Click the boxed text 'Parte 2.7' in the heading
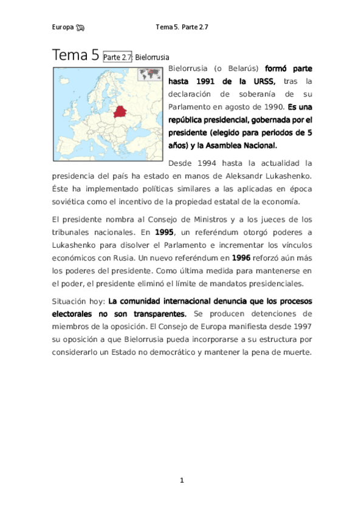pos(118,57)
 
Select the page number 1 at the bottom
pos(181,480)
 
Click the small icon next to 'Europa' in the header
pos(81,27)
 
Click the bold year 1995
pos(164,232)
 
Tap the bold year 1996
pos(245,258)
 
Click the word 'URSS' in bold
pos(262,81)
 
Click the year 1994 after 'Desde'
pos(205,163)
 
